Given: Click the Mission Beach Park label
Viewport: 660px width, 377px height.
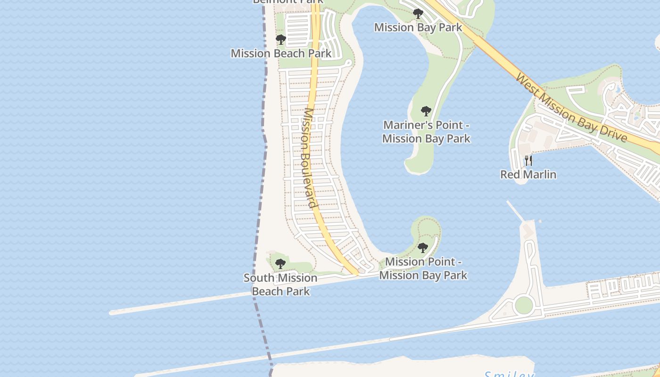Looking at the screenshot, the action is pyautogui.click(x=281, y=53).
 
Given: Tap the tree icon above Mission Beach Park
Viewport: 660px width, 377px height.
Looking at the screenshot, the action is pyautogui.click(x=281, y=40).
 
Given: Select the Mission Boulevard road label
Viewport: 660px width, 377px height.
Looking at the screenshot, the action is pyautogui.click(x=309, y=158).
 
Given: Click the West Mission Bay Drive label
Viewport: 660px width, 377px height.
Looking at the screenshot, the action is pyautogui.click(x=571, y=107).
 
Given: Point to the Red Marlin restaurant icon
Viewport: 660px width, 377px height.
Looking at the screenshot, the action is pyautogui.click(x=528, y=161).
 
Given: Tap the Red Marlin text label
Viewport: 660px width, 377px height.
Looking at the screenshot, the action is pyautogui.click(x=528, y=174).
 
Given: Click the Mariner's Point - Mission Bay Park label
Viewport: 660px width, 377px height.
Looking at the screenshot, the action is pyautogui.click(x=426, y=132).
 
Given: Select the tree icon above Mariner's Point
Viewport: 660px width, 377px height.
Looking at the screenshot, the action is pyautogui.click(x=426, y=112).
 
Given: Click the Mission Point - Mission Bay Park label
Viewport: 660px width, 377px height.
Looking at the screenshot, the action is pyautogui.click(x=423, y=268).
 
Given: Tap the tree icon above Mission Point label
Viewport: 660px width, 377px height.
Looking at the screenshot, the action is pyautogui.click(x=423, y=248).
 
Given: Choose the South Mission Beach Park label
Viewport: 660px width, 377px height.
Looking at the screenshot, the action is pyautogui.click(x=280, y=285).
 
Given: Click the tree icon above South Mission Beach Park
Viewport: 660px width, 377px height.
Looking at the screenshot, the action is pyautogui.click(x=280, y=264).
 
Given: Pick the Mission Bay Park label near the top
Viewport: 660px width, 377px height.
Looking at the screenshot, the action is pyautogui.click(x=418, y=27).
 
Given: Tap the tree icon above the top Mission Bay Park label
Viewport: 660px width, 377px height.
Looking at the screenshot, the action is pyautogui.click(x=418, y=14).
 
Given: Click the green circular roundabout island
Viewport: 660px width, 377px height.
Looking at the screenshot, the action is pyautogui.click(x=524, y=305).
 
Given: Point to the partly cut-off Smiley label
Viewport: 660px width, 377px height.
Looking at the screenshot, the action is pyautogui.click(x=509, y=374).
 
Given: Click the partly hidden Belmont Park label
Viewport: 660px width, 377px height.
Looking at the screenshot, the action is pyautogui.click(x=288, y=1).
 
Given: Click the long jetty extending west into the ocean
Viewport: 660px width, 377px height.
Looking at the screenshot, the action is pyautogui.click(x=179, y=303).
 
